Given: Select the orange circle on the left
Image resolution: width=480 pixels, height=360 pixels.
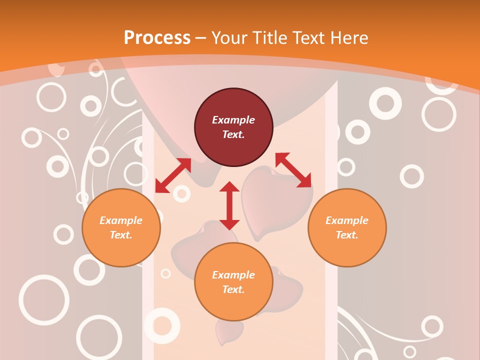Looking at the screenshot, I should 121,227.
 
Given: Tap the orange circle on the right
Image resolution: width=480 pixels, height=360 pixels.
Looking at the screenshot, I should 347,227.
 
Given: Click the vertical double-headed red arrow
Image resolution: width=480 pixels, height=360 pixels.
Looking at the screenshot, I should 229,205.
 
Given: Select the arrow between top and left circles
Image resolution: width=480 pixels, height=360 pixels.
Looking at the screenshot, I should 173,175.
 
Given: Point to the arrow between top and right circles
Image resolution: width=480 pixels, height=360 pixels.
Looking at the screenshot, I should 293,170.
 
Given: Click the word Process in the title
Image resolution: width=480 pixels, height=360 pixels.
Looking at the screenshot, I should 157,37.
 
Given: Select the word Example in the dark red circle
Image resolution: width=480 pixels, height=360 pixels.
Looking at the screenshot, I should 233,120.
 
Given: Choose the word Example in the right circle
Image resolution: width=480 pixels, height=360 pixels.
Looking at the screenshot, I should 347,220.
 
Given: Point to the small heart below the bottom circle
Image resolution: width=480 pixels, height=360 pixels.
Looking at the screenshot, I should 229,332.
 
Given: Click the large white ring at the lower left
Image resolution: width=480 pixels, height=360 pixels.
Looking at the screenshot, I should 44,300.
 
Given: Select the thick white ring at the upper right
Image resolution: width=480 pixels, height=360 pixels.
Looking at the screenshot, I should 385,103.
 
